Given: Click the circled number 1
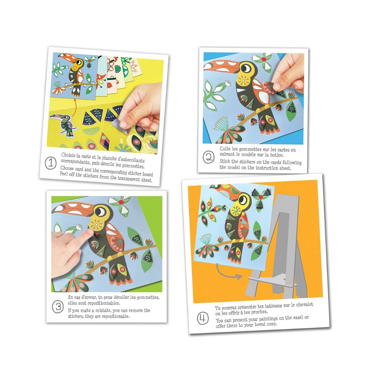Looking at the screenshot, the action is (x=50, y=163).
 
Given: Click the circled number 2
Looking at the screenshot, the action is (x=209, y=157).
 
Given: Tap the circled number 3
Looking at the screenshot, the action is (x=58, y=307).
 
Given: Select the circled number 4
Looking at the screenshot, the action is (x=203, y=318).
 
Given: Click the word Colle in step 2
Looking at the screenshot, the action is (x=225, y=149).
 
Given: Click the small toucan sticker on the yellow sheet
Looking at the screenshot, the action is (x=63, y=125).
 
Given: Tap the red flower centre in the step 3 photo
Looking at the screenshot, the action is (x=121, y=202).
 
